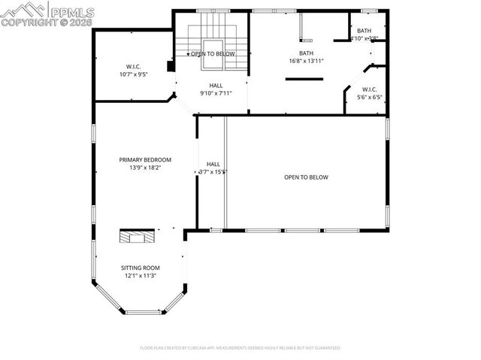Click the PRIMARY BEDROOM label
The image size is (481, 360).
pyautogui.click(x=145, y=159)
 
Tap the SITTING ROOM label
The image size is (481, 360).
pyautogui.click(x=141, y=268)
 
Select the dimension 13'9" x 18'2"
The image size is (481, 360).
pyautogui.click(x=145, y=168)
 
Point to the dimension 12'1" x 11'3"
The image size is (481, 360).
pyautogui.click(x=141, y=276)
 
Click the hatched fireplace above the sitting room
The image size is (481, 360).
pyautogui.click(x=138, y=237)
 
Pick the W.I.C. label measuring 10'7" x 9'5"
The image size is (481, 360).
pyautogui.click(x=134, y=66)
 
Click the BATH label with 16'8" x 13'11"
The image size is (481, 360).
pyautogui.click(x=306, y=53)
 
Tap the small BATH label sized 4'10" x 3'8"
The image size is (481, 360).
pyautogui.click(x=365, y=31)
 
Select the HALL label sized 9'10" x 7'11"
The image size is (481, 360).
pyautogui.click(x=216, y=86)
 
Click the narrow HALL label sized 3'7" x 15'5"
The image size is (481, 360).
pyautogui.click(x=213, y=164)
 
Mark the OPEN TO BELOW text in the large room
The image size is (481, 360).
pyautogui.click(x=306, y=177)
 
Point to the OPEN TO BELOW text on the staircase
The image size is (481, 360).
pyautogui.click(x=213, y=54)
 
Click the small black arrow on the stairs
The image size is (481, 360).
pyautogui.click(x=189, y=54)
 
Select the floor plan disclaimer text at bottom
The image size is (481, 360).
pyautogui.click(x=240, y=348)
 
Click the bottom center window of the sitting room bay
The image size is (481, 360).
pyautogui.click(x=144, y=311)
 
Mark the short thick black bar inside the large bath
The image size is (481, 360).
pyautogui.click(x=304, y=78)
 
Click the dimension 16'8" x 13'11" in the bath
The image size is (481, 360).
pyautogui.click(x=306, y=61)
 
